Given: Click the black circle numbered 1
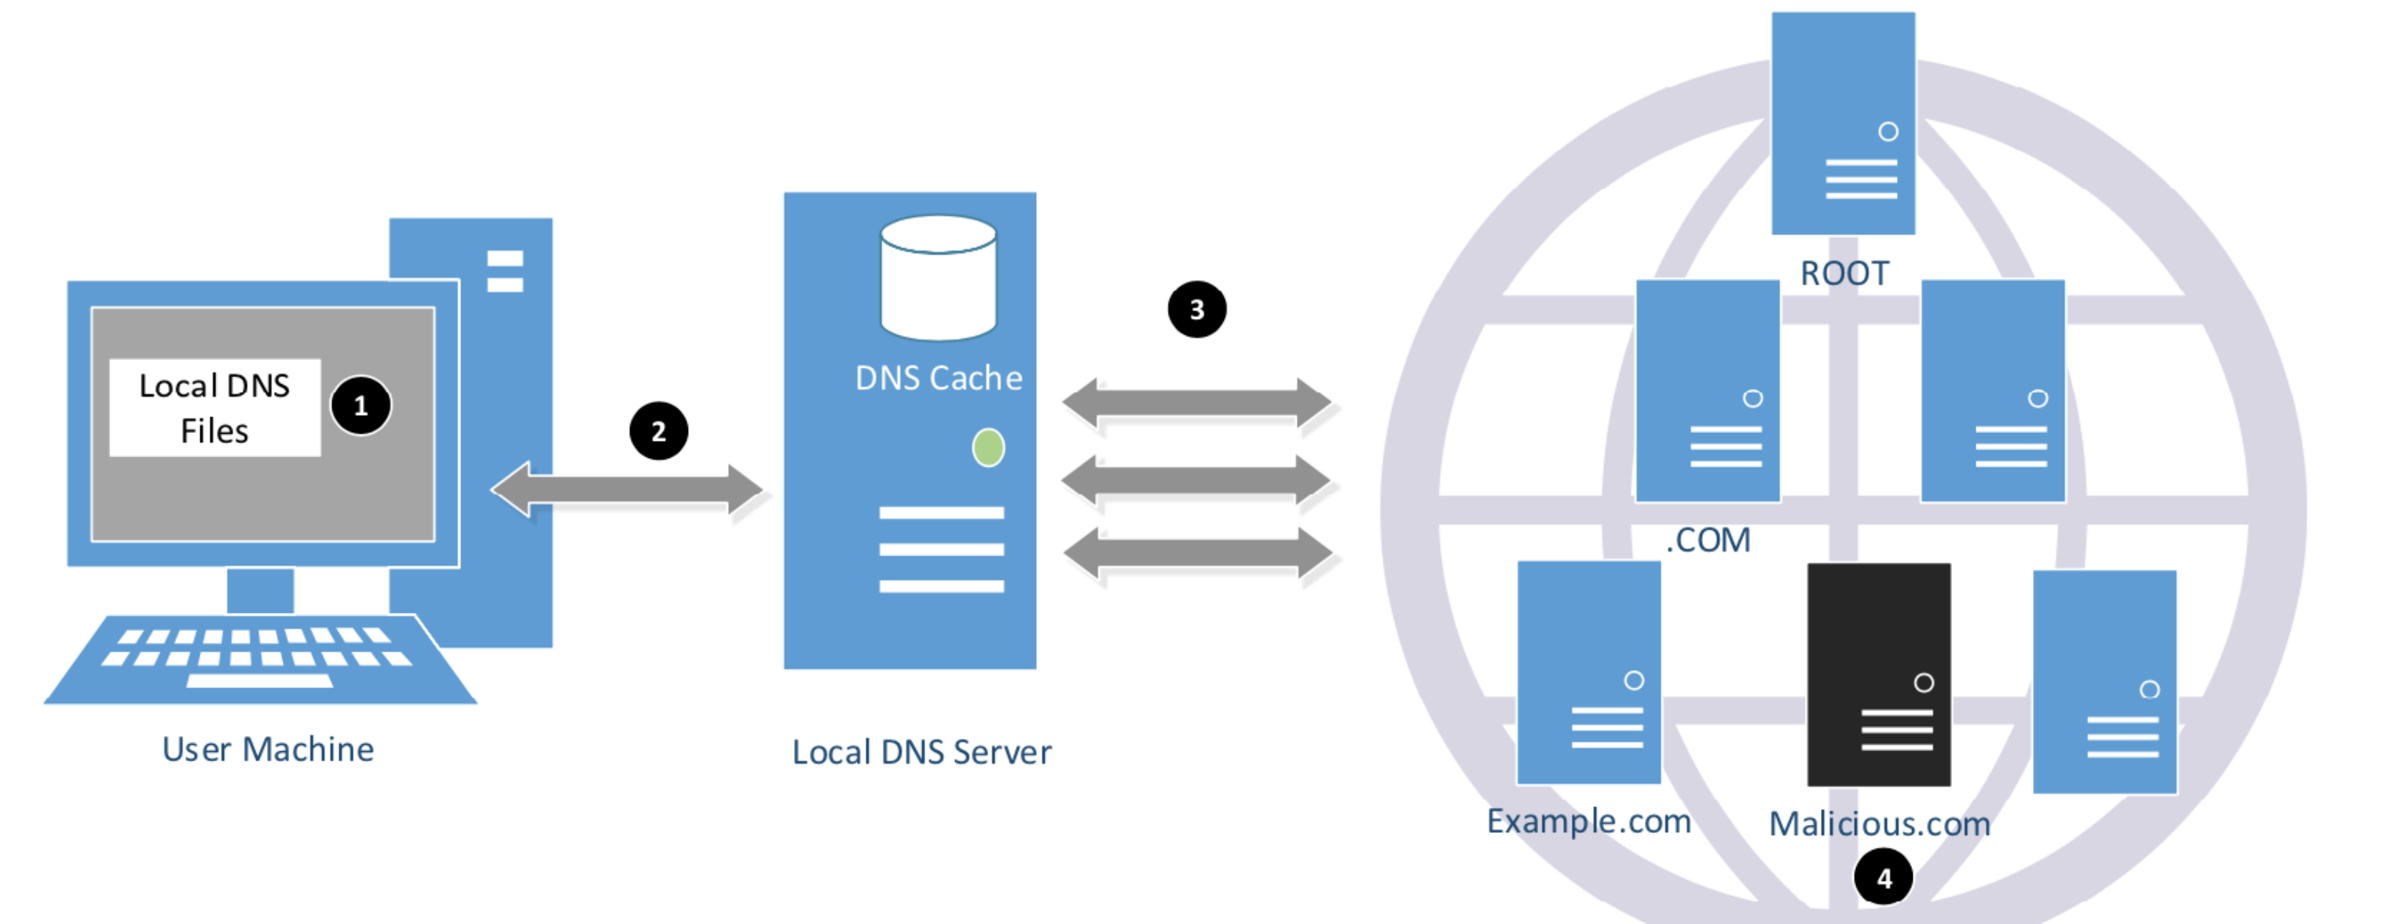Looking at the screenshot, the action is [361, 405].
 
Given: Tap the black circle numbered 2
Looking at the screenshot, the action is [658, 431].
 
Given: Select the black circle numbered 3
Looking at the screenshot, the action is [1196, 310].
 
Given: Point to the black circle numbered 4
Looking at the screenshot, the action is [1884, 878].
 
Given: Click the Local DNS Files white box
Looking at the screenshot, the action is [215, 408].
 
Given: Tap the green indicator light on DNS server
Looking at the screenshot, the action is [988, 448].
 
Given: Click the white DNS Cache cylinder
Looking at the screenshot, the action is [939, 277].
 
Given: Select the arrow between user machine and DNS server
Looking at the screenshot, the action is [627, 489].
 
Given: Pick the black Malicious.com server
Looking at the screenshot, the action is [1878, 674].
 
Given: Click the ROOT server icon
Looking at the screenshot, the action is [1843, 123].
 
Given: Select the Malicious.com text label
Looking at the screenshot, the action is [1879, 824].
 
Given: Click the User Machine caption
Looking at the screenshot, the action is [268, 749].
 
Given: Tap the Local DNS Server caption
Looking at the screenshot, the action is [922, 753].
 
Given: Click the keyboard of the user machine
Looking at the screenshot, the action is [261, 659].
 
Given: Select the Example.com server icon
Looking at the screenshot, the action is [1589, 673].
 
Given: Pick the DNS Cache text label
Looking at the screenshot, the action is [939, 378].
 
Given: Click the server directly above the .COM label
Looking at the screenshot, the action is [1708, 391].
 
